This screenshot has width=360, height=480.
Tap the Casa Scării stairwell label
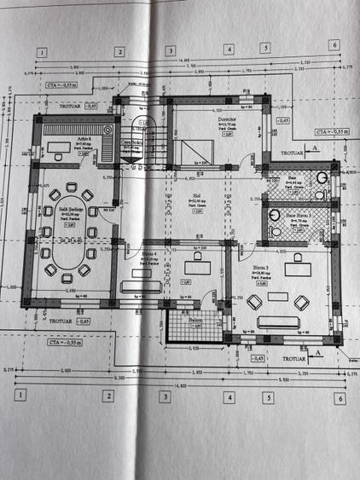[131, 143]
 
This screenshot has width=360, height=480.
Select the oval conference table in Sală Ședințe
[64, 255]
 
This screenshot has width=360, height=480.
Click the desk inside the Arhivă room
[57, 156]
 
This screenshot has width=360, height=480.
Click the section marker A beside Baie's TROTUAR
[316, 149]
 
